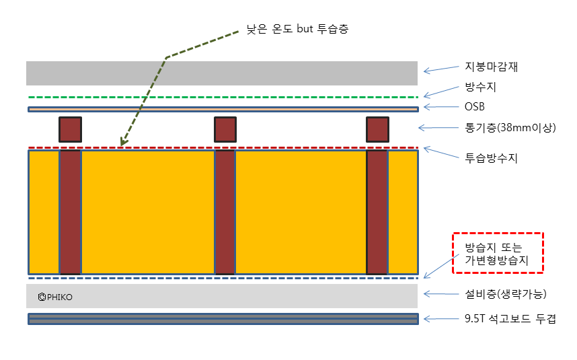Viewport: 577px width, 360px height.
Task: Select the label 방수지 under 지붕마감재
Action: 480,87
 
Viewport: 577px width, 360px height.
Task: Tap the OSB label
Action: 474,106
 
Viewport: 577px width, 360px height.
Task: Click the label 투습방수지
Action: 491,158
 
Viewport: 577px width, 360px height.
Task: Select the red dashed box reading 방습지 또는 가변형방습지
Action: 498,252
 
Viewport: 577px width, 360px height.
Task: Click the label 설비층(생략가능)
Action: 506,295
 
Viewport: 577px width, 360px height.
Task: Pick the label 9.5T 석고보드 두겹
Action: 510,318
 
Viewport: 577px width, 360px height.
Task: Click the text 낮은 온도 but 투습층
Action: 297,29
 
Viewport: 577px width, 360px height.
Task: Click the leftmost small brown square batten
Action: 70,129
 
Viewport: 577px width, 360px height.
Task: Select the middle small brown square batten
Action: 225,129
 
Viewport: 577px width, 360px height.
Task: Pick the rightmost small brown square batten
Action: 377,129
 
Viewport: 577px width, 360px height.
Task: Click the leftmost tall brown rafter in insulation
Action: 70,212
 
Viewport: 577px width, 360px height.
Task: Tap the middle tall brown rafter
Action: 225,212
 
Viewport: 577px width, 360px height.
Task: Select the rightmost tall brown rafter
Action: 377,212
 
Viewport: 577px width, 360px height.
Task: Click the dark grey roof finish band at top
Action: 222,73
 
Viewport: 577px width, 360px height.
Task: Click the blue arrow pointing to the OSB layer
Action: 440,107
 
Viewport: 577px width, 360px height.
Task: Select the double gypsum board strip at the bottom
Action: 222,319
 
